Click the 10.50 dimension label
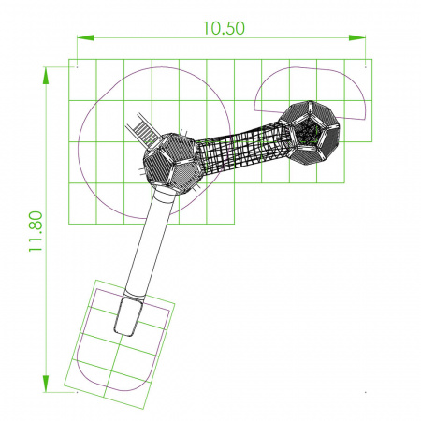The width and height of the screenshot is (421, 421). pos(224,28)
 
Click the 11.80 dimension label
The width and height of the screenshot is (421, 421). pos(36,231)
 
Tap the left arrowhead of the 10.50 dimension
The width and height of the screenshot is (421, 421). pos(85,37)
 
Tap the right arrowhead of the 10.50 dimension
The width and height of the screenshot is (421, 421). pos(357,37)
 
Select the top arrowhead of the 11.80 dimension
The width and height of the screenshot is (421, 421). pos(46,76)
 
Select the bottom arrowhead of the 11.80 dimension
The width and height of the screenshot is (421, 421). pos(46,384)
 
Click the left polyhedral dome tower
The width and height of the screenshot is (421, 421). pos(172,162)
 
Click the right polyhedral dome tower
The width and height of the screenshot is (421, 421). pos(309,132)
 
